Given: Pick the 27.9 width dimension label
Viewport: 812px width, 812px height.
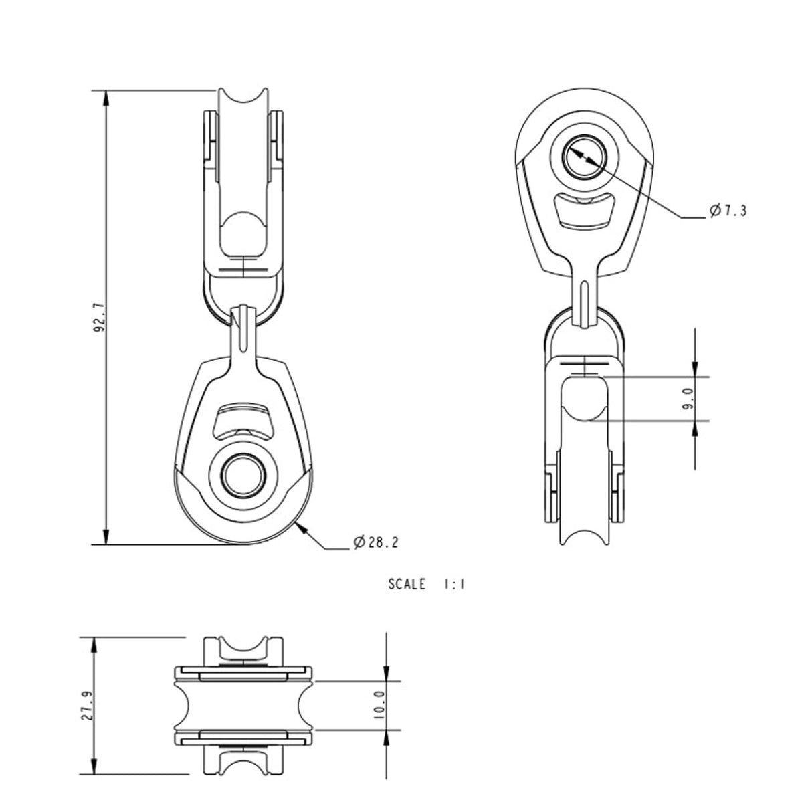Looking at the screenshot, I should [86, 706].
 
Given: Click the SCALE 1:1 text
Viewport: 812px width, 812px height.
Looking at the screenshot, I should [426, 584].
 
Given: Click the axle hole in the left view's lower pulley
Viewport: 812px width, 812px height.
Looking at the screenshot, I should [243, 476].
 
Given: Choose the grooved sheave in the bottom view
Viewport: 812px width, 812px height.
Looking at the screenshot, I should [243, 705].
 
